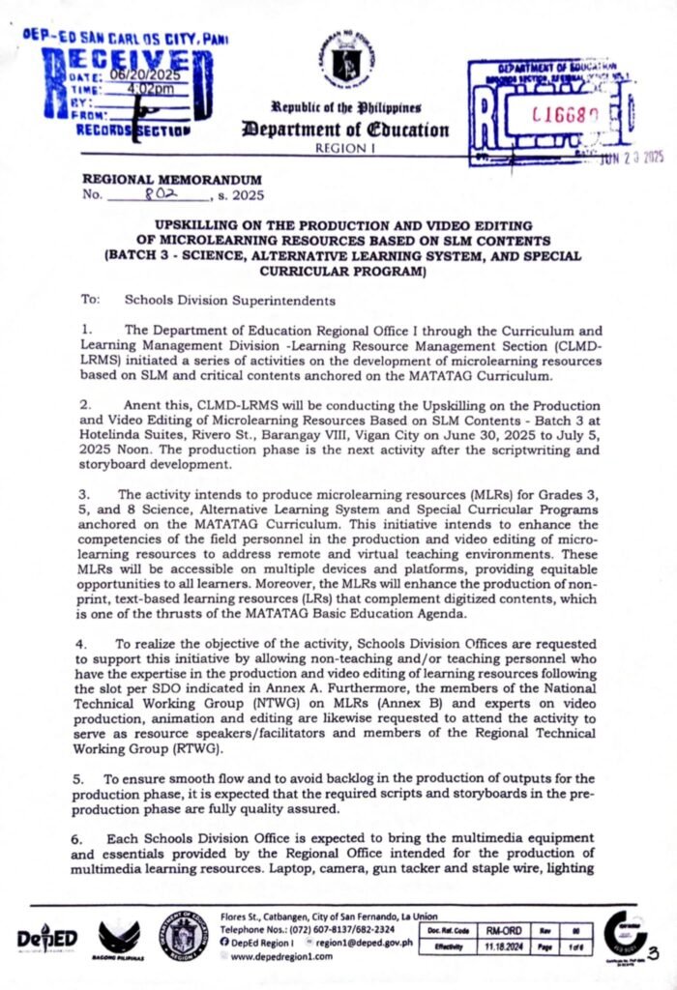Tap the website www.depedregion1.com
(281, 956)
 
